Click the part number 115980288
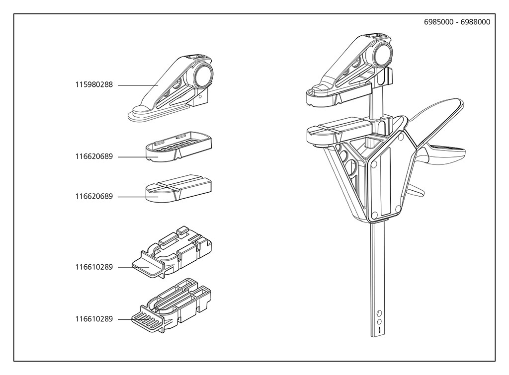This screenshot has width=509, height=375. tap(94, 85)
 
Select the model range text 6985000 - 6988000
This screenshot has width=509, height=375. tap(457, 22)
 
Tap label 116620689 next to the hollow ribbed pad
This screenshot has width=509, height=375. tap(94, 157)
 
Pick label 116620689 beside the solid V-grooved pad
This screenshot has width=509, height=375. tap(94, 197)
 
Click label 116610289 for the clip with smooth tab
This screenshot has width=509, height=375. tap(94, 267)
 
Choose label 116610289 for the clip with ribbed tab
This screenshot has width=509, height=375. tap(94, 319)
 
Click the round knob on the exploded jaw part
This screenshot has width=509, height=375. tap(204, 76)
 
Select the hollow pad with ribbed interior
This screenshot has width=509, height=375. tap(179, 146)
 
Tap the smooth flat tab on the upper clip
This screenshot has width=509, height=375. tap(148, 262)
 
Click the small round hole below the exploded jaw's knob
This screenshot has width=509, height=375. tap(200, 98)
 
